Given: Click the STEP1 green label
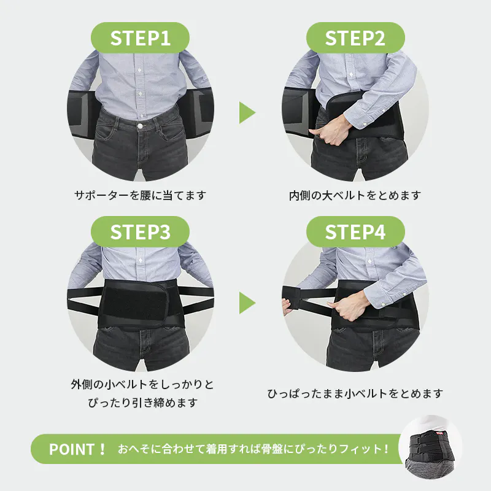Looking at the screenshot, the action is click(140, 37).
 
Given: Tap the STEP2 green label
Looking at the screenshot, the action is click(355, 37).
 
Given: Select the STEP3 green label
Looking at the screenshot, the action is click(140, 232).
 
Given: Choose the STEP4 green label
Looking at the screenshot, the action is click(355, 232).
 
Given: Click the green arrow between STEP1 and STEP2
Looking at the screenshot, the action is click(247, 112).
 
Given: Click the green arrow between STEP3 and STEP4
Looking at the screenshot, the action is click(247, 303).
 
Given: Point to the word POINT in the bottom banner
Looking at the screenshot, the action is click(72, 449).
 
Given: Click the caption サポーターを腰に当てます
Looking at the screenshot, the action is click(140, 195).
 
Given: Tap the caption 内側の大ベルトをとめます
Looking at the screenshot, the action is click(355, 195).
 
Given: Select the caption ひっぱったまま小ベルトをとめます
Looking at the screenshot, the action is click(355, 393).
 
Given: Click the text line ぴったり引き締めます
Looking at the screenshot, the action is click(143, 403).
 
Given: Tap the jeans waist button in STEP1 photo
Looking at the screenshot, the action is click(141, 126).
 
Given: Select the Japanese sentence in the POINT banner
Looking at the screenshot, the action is click(253, 449).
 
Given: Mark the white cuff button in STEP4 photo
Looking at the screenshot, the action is click(382, 304).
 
